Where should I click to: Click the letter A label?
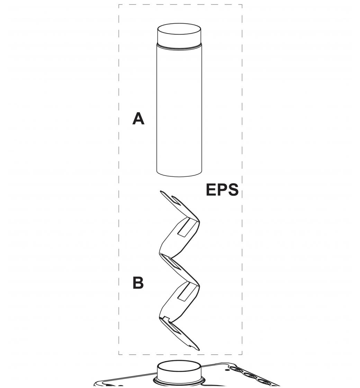[138, 119]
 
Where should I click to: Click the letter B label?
[138, 283]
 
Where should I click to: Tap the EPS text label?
[222, 190]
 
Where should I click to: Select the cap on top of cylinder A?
[179, 34]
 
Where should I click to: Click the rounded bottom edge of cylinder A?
[179, 174]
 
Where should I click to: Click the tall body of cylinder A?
[179, 111]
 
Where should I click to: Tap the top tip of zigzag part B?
[161, 192]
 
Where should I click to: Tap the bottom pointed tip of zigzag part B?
[198, 349]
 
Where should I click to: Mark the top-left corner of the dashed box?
[119, 5]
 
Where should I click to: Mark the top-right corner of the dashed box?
[242, 5]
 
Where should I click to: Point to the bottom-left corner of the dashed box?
[119, 354]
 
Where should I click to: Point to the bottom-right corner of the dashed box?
[242, 354]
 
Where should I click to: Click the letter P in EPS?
[222, 190]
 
